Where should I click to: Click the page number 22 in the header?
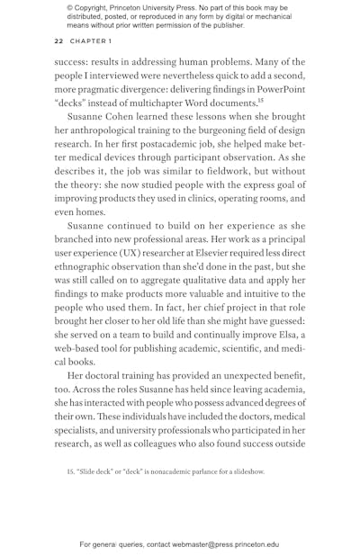click(x=58, y=41)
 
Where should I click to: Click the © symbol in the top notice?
click(x=70, y=7)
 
